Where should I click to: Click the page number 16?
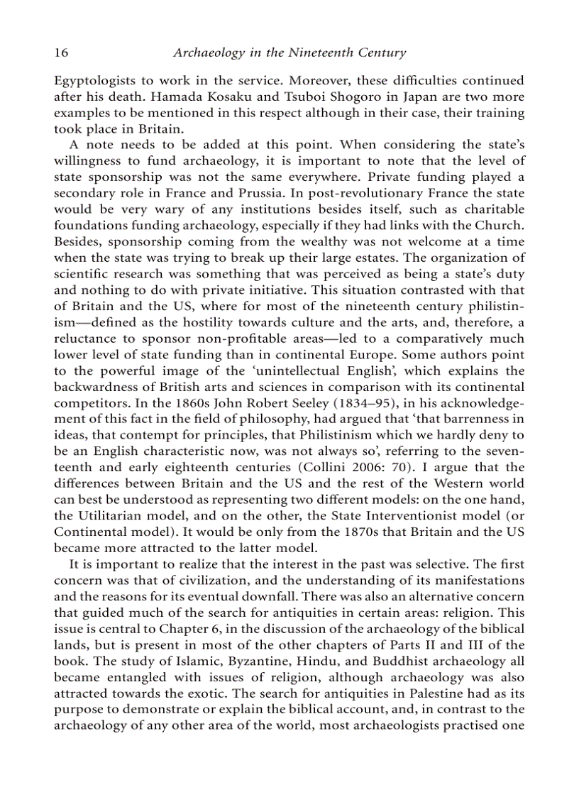click(x=61, y=53)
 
